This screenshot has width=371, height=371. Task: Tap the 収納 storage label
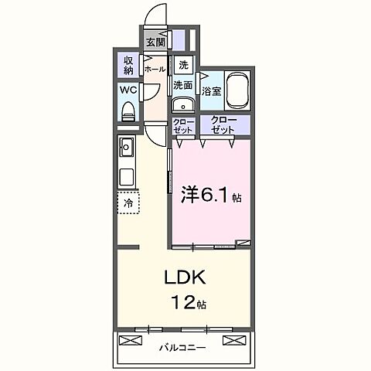(128, 66)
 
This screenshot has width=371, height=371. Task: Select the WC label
(128, 89)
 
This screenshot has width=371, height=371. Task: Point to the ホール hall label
(155, 68)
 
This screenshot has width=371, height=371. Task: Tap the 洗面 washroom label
(182, 85)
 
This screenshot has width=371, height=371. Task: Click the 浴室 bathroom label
(211, 91)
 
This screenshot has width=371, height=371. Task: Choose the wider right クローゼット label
(225, 126)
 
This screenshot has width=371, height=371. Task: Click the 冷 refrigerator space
(128, 203)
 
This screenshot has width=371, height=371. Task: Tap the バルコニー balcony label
(184, 348)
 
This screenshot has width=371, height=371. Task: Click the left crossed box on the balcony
(128, 340)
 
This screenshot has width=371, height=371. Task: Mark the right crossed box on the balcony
(233, 340)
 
